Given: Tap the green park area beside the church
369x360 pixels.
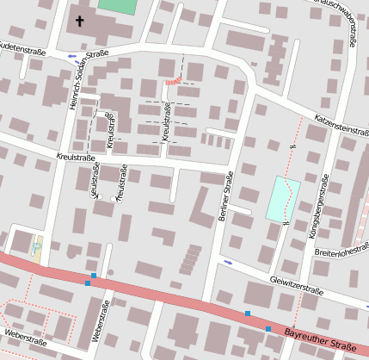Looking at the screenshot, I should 117,5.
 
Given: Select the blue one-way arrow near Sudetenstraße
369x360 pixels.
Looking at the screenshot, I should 71,56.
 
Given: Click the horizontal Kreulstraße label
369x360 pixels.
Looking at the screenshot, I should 75,158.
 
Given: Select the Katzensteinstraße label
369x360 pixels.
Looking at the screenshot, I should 341,124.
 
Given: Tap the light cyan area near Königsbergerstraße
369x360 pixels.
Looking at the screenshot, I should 282,198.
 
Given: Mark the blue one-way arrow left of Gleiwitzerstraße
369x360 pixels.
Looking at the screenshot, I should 228,261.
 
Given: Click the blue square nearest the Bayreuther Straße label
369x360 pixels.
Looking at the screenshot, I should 268,328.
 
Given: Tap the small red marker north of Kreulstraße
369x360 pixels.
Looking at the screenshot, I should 171,82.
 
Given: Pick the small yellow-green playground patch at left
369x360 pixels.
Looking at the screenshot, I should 37,245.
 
